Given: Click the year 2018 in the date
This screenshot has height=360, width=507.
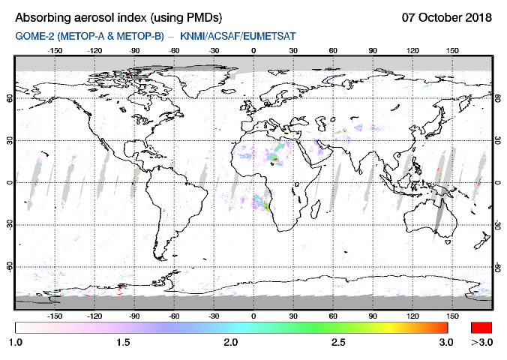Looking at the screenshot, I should point(477,17).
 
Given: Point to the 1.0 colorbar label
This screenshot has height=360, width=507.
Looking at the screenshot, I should point(15,342).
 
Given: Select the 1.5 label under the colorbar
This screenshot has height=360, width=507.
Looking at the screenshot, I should point(123,342).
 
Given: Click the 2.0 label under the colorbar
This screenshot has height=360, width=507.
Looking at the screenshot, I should point(231,342).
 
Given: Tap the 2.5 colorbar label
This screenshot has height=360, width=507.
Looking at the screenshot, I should point(339,342).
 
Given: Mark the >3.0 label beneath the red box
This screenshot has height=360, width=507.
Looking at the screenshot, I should point(481,342).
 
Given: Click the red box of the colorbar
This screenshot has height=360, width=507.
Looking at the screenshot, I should point(481,328).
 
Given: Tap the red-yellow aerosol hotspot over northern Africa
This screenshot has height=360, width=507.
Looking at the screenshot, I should point(274,158).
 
